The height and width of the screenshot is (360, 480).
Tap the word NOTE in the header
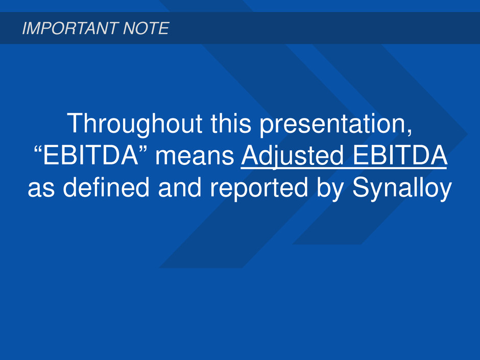click(x=146, y=28)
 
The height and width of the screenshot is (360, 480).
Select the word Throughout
click(x=135, y=124)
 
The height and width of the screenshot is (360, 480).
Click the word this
click(x=231, y=123)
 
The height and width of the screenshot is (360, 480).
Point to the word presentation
click(x=332, y=124)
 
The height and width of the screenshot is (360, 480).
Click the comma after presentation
click(x=409, y=132)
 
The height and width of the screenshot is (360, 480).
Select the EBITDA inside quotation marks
click(x=90, y=155)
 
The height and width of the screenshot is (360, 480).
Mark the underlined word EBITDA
click(x=400, y=155)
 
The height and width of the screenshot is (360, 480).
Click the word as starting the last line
click(x=41, y=189)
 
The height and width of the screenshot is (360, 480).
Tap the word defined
click(x=106, y=187)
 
